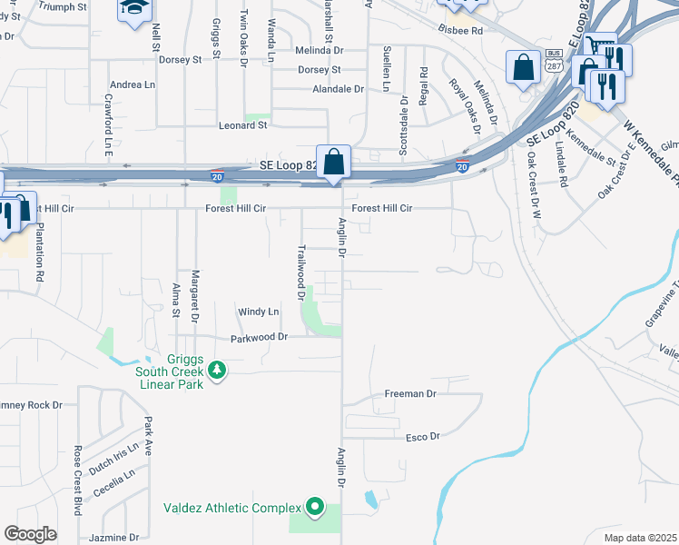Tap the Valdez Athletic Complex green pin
[315, 506]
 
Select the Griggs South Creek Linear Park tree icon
[216, 370]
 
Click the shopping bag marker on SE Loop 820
[334, 162]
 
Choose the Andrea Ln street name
[132, 84]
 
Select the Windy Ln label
[259, 312]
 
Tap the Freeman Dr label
[410, 394]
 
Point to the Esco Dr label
[422, 437]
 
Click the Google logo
[31, 534]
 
